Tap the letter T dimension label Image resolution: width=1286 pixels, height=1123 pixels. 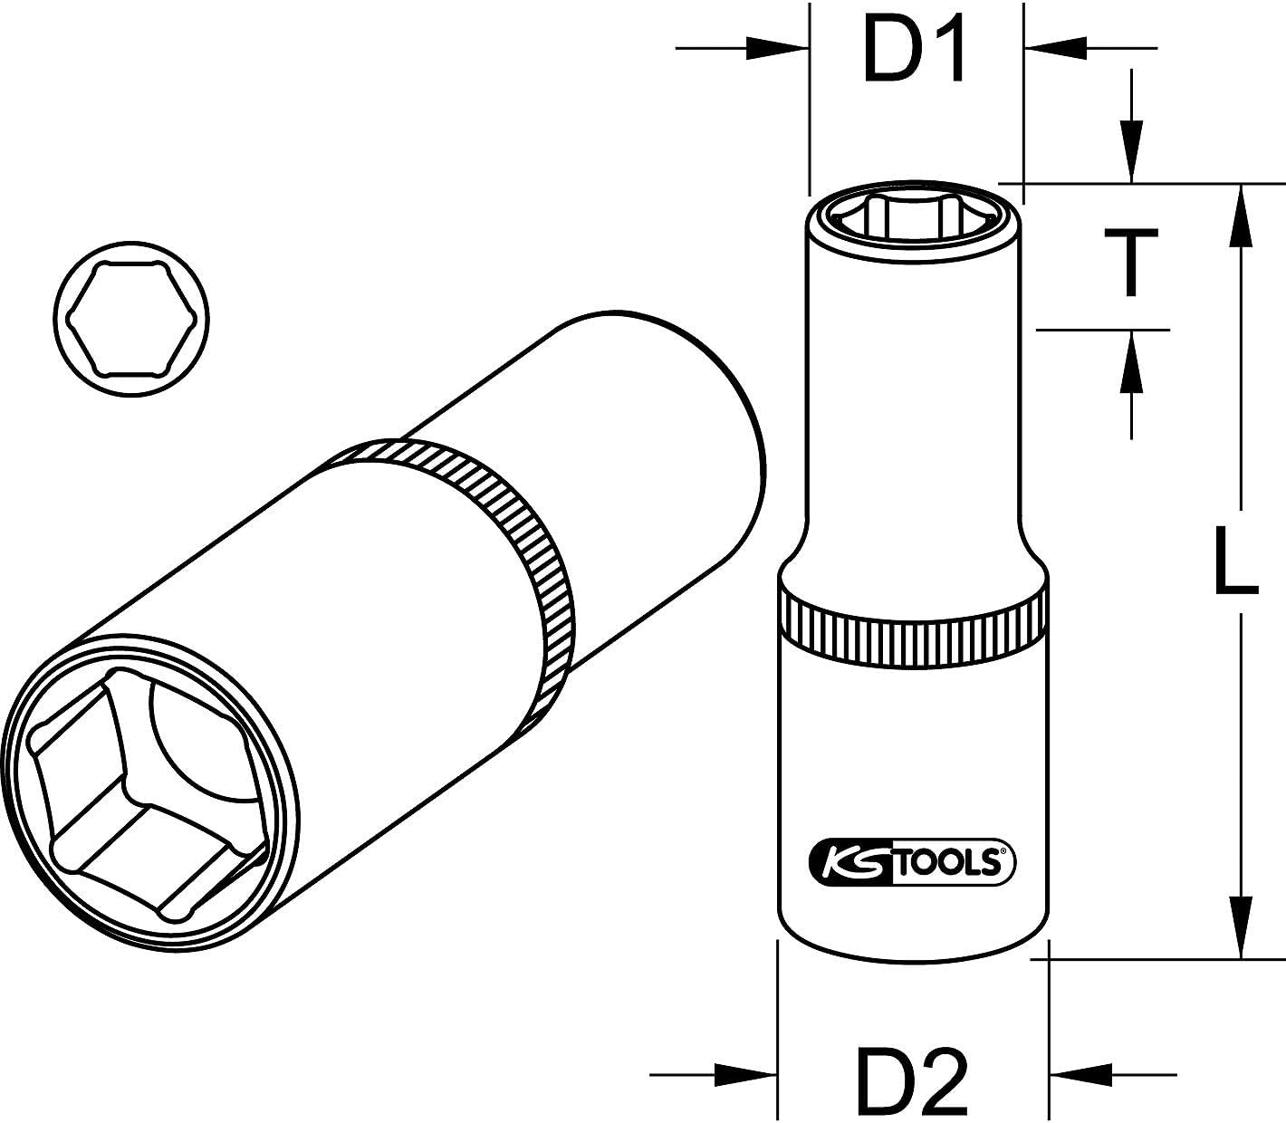[1128, 262]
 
